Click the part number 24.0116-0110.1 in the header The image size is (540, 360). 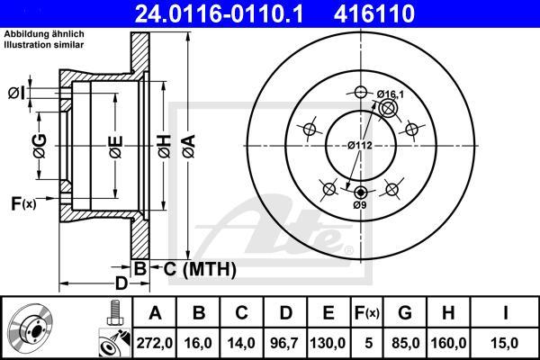219,13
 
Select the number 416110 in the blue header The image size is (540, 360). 374,13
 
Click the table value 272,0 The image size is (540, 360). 155,343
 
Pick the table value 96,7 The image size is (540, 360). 284,343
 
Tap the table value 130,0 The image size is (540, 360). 328,343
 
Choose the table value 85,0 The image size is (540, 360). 405,343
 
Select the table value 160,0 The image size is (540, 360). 448,343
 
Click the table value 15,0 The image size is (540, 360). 505,343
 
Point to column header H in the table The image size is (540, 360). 448,313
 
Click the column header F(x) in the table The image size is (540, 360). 367,313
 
